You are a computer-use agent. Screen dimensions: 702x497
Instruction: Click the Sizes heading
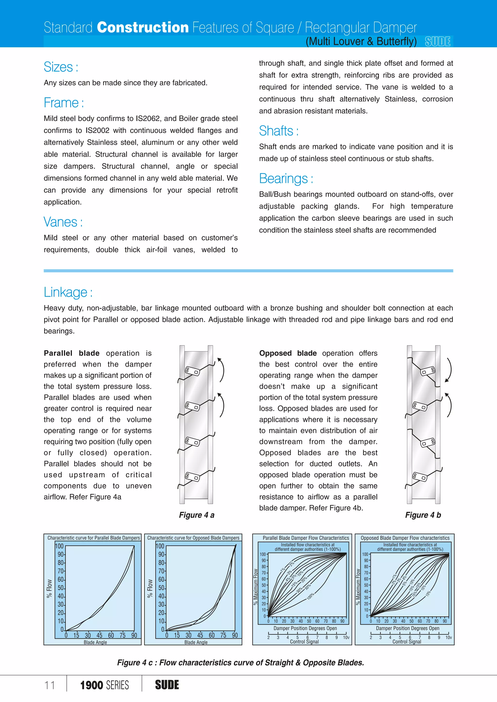(61, 67)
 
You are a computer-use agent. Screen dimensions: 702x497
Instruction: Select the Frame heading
(64, 103)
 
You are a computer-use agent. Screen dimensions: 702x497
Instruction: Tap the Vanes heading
(63, 222)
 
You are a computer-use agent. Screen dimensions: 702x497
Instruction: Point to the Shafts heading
(279, 131)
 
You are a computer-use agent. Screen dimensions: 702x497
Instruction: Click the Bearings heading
(286, 179)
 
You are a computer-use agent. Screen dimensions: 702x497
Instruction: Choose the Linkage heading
(68, 292)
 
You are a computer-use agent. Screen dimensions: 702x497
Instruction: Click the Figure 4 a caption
(197, 515)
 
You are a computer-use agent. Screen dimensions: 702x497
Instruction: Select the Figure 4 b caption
(423, 515)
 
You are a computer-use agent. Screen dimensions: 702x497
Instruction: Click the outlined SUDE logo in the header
(438, 41)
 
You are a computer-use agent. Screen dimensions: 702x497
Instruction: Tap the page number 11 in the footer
(50, 685)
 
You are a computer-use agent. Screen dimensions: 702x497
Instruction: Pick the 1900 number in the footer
(91, 685)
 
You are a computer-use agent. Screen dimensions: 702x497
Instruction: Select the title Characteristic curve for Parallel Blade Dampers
(93, 538)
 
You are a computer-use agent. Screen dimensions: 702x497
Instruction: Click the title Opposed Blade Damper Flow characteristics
(405, 538)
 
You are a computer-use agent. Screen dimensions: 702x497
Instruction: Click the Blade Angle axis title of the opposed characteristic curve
(196, 642)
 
